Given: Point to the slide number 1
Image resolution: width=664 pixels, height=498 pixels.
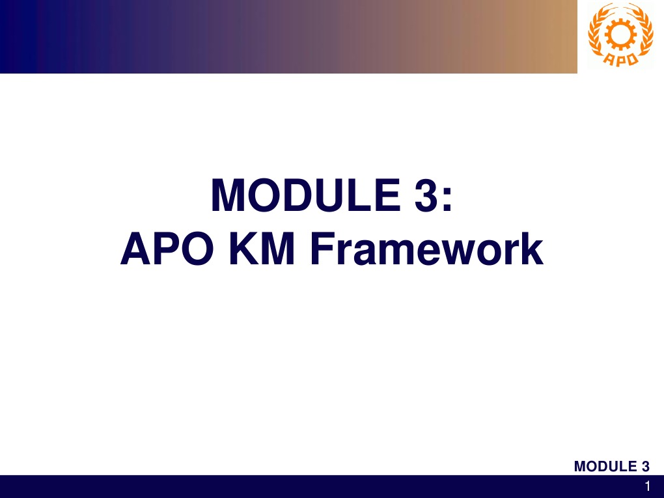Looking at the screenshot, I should pos(648,486).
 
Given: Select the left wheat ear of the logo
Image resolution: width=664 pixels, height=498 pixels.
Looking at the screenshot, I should pos(597,36).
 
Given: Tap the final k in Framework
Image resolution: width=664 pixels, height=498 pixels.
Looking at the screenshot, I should pos(533,249).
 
